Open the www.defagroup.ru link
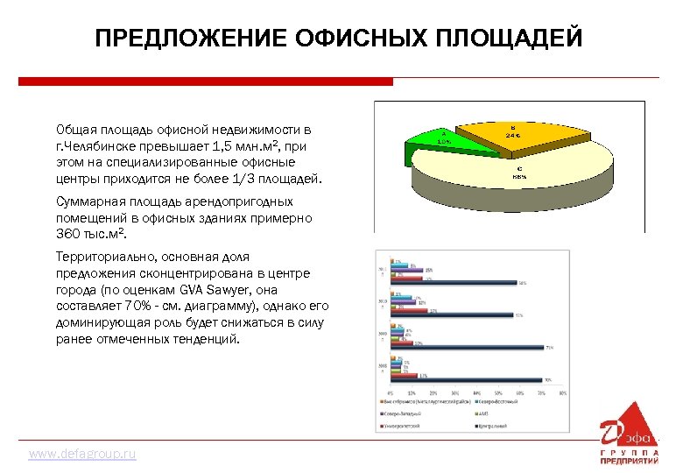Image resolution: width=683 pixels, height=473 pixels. coord(82,455)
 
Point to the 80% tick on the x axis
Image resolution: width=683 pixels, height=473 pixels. coord(563,392)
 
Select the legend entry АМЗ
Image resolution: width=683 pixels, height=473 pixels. coord(483,413)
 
